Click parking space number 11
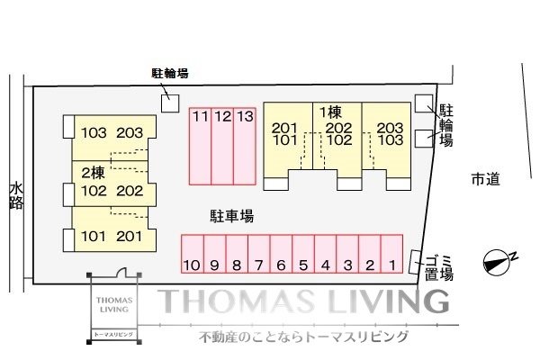[200, 147]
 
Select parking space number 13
[245, 147]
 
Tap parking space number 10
[193, 254]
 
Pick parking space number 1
[391, 254]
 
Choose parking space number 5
[303, 254]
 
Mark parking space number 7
[259, 254]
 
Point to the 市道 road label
[486, 179]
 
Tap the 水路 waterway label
[16, 196]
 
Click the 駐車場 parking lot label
[232, 216]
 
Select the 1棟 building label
[330, 112]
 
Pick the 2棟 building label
[93, 173]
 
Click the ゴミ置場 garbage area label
[439, 268]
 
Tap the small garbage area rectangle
[415, 263]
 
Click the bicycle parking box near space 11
[170, 103]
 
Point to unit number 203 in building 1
[390, 128]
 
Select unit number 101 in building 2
[94, 237]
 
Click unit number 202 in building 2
[130, 191]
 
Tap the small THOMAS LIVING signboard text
[114, 305]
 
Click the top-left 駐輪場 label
[170, 74]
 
